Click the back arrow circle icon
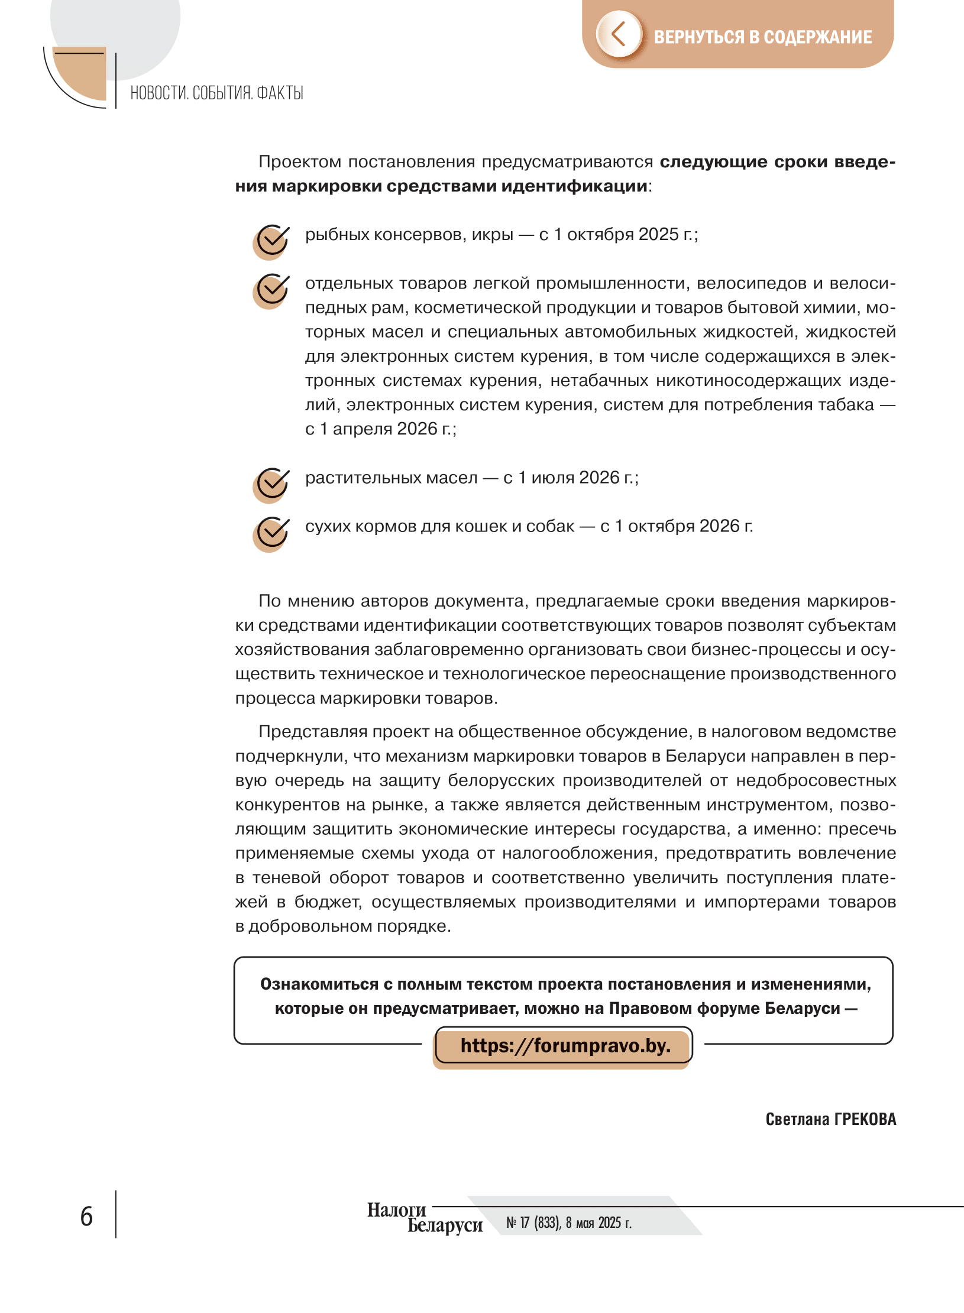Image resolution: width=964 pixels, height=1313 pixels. pyautogui.click(x=619, y=34)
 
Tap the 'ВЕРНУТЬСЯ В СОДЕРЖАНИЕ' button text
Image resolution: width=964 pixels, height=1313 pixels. pyautogui.click(x=762, y=37)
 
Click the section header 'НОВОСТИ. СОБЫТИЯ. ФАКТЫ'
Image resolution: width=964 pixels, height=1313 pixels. pyautogui.click(x=216, y=93)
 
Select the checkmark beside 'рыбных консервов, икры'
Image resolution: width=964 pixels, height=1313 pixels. pyautogui.click(x=272, y=241)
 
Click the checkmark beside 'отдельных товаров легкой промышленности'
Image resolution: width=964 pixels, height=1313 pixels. pyautogui.click(x=272, y=290)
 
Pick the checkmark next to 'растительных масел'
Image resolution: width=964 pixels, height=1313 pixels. pyautogui.click(x=272, y=485)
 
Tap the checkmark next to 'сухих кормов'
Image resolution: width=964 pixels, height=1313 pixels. pyautogui.click(x=272, y=533)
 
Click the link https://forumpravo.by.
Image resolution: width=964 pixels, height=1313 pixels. pyautogui.click(x=565, y=1046)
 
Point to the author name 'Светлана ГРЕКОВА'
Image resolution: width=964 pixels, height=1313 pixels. pyautogui.click(x=830, y=1119)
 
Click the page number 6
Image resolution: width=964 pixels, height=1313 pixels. pyautogui.click(x=86, y=1217)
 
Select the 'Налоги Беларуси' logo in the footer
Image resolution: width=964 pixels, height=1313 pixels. pyautogui.click(x=425, y=1218)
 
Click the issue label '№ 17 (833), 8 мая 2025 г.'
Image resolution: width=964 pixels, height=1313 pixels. pyautogui.click(x=568, y=1223)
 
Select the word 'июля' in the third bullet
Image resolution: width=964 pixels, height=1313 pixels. pyautogui.click(x=552, y=478)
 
